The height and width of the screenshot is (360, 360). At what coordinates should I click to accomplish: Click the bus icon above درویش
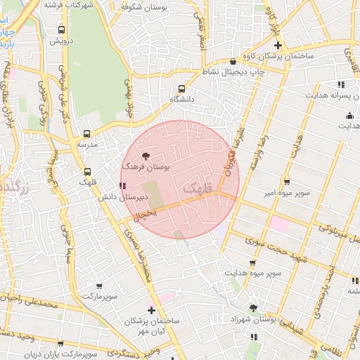pyautogui.click(x=62, y=30)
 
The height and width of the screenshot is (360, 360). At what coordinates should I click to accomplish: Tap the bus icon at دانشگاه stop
pyautogui.click(x=182, y=89)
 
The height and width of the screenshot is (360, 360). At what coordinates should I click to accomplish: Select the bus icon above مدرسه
pyautogui.click(x=87, y=134)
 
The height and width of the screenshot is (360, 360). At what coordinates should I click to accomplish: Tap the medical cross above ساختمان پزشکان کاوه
pyautogui.click(x=278, y=45)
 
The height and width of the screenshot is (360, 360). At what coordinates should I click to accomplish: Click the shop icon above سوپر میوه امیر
pyautogui.click(x=286, y=181)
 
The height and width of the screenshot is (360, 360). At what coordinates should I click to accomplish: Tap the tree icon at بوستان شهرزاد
pyautogui.click(x=253, y=308)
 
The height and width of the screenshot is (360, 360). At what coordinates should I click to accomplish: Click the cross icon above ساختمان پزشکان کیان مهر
pyautogui.click(x=151, y=310)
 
